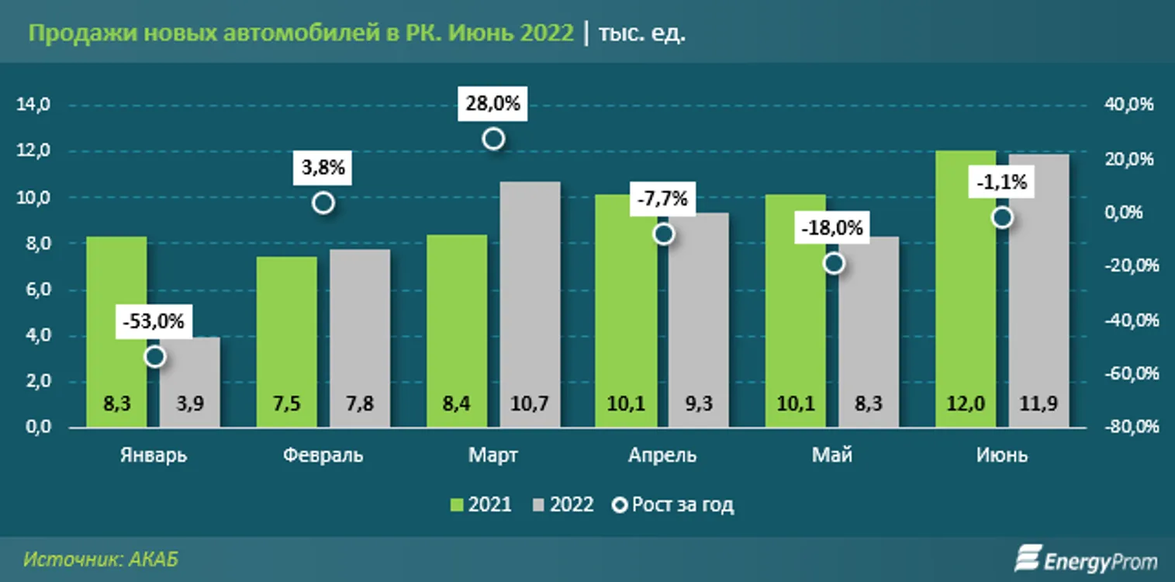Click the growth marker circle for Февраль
pyautogui.click(x=323, y=203)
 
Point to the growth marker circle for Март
pyautogui.click(x=493, y=139)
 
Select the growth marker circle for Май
pyautogui.click(x=834, y=263)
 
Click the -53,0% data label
pyautogui.click(x=154, y=321)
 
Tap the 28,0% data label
pyautogui.click(x=493, y=103)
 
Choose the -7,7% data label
pyautogui.click(x=662, y=199)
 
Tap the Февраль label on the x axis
pyautogui.click(x=323, y=456)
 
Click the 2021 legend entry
pyautogui.click(x=482, y=505)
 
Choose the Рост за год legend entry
pyautogui.click(x=673, y=505)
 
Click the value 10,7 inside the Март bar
pyautogui.click(x=530, y=404)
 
